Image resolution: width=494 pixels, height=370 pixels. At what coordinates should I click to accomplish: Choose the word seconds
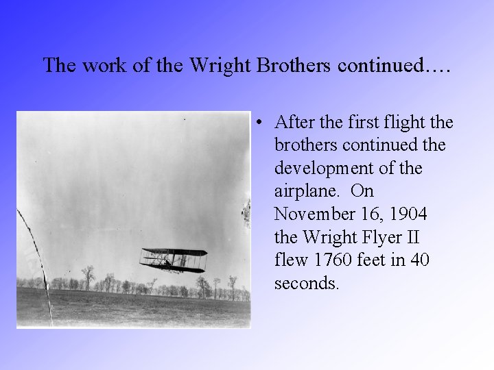(x=306, y=284)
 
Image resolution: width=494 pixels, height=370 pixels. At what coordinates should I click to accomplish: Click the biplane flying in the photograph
(x=174, y=260)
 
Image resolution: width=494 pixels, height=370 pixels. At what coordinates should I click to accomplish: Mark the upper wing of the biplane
(x=174, y=251)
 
